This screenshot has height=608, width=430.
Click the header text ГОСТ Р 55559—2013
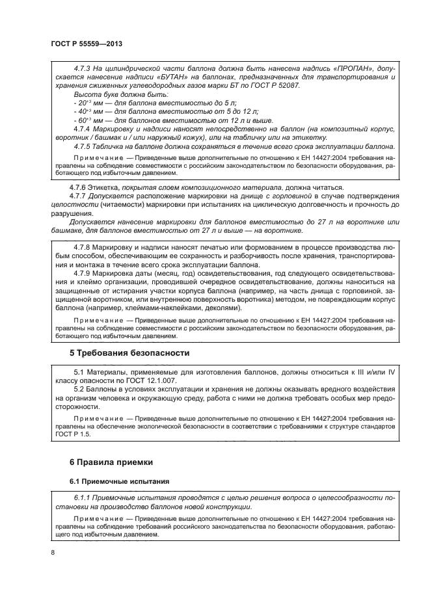(87, 44)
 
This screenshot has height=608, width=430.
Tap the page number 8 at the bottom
(52, 553)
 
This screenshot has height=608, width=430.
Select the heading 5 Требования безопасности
(129, 353)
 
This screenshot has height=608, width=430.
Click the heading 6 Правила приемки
(111, 462)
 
